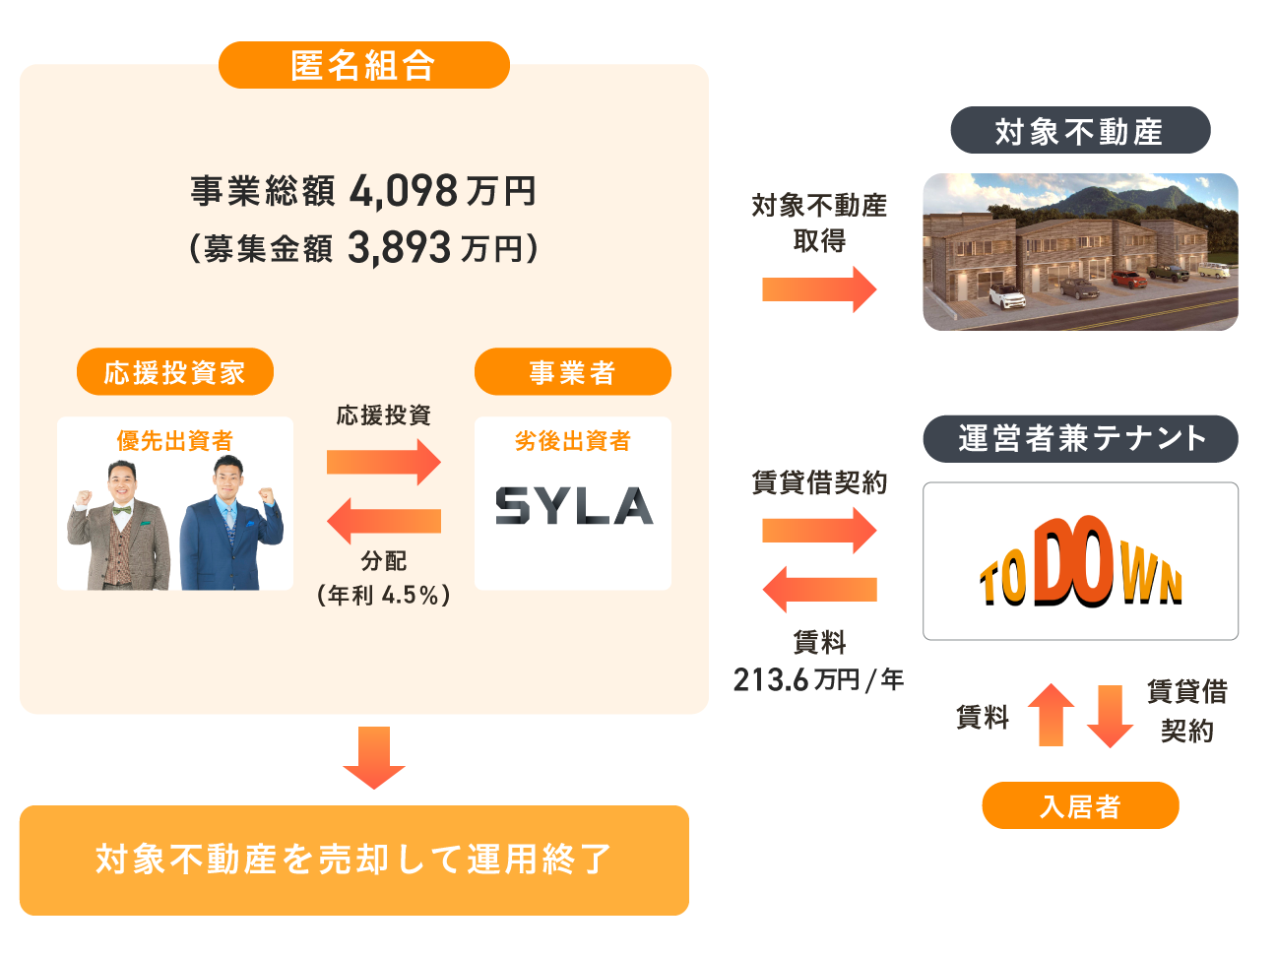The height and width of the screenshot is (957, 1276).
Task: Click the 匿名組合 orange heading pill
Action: (x=363, y=65)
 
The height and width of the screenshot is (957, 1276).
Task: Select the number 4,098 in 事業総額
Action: (x=404, y=191)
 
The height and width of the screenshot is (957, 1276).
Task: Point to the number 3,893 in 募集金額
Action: (x=399, y=248)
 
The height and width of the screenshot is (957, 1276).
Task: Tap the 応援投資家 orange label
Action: (x=174, y=372)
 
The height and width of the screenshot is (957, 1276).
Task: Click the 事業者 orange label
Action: (x=572, y=372)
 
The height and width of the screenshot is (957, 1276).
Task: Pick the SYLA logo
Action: (x=573, y=505)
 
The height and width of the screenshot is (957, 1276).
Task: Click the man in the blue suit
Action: (x=232, y=527)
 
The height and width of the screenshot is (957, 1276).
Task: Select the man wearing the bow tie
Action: (x=120, y=529)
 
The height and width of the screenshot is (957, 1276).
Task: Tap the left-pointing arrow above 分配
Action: (x=384, y=521)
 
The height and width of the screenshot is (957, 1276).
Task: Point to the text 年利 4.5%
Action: (x=384, y=596)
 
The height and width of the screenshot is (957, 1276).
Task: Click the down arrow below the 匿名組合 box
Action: (x=374, y=757)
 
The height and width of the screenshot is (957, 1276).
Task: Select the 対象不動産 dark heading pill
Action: (x=1079, y=130)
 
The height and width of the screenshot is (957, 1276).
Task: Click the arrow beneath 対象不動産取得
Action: (x=819, y=289)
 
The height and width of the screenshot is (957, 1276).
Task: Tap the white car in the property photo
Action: (x=1006, y=295)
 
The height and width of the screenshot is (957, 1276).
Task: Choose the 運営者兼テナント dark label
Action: (x=1080, y=438)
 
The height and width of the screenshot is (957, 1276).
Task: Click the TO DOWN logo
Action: (x=1080, y=562)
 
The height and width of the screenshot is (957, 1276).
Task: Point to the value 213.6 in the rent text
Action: (x=770, y=679)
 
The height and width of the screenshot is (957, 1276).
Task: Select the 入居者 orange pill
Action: (x=1080, y=806)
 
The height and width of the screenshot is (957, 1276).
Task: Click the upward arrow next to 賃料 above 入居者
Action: (x=1052, y=715)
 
